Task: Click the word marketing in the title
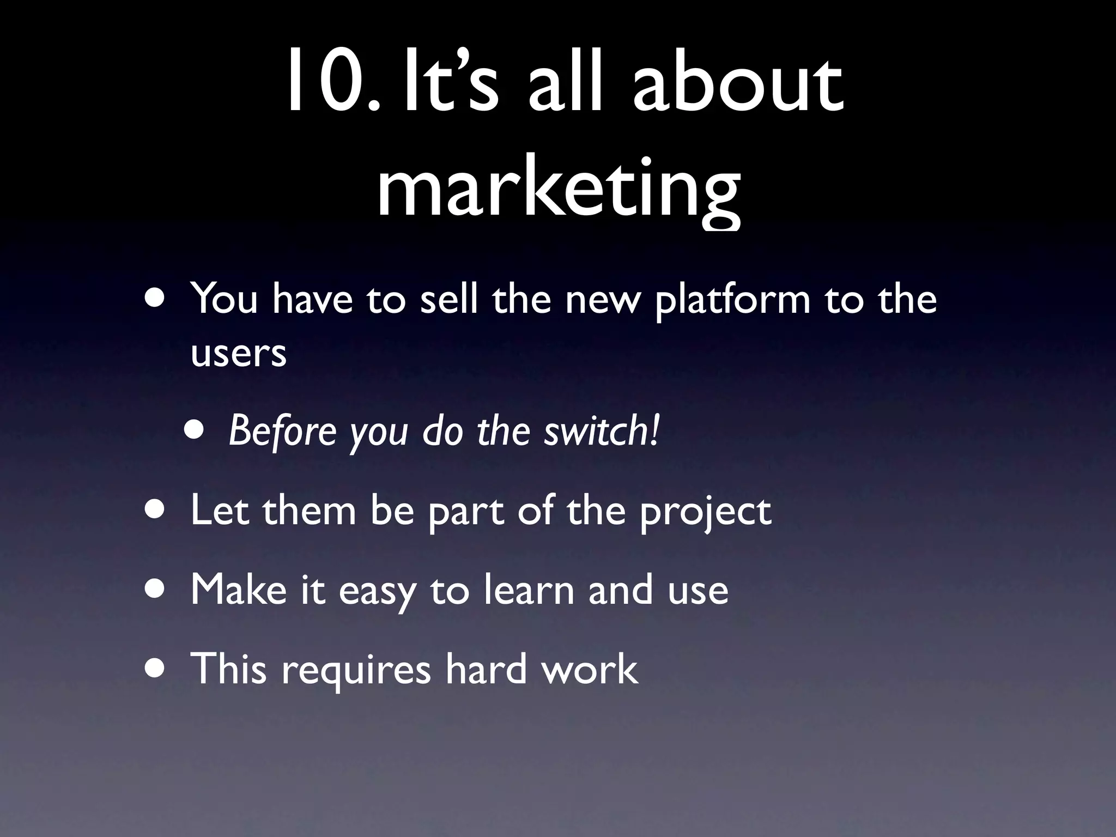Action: [558, 188]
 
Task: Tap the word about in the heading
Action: [738, 82]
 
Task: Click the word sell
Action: [449, 299]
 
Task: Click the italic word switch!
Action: [602, 431]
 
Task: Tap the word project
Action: [706, 512]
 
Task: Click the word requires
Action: [356, 670]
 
